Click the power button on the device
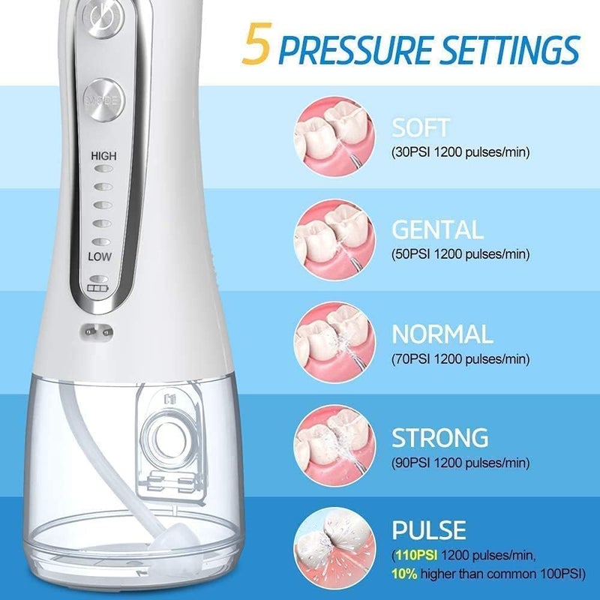click(x=103, y=18)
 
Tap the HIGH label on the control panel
click(x=103, y=156)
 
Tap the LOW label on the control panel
click(x=100, y=256)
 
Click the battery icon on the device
click(x=98, y=288)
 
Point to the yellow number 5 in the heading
click(x=257, y=43)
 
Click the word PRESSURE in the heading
click(x=355, y=49)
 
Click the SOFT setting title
click(x=420, y=127)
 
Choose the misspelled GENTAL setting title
click(x=438, y=229)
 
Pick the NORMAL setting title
click(x=442, y=334)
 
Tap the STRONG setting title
click(x=440, y=437)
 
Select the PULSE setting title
click(x=429, y=530)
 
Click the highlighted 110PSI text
click(x=416, y=555)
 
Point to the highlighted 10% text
click(x=404, y=574)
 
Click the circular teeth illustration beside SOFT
click(x=334, y=136)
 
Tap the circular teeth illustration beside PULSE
click(x=334, y=548)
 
